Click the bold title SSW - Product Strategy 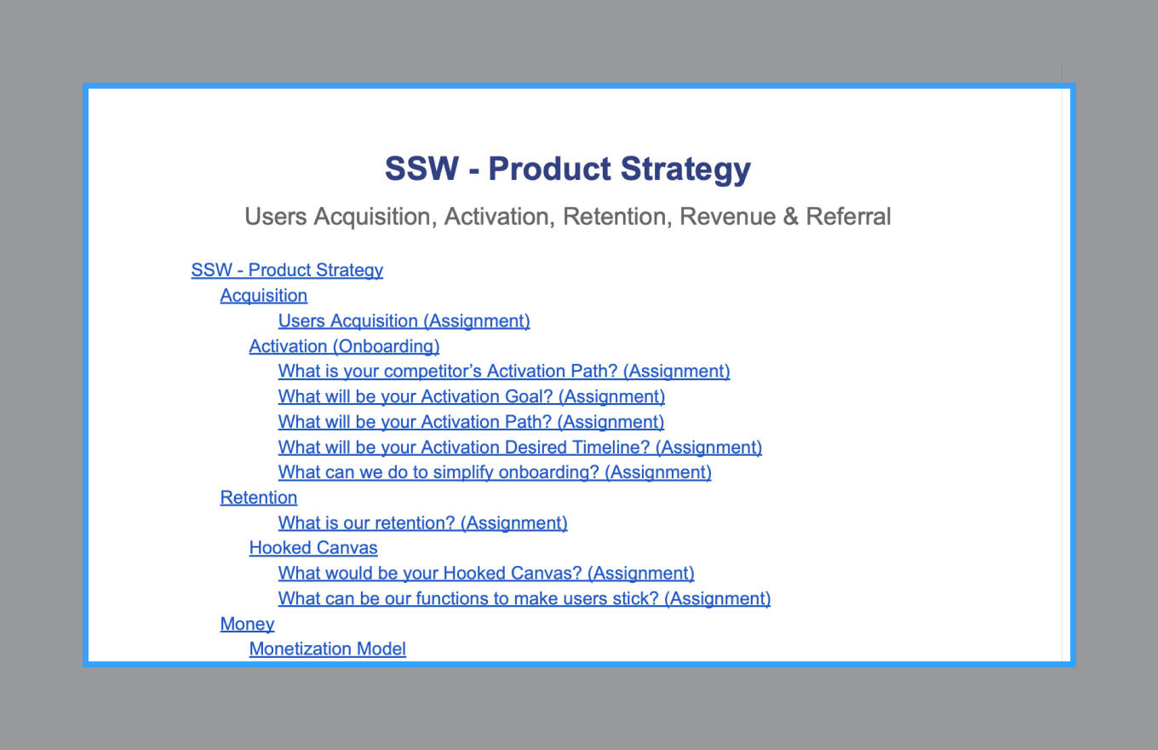pos(568,170)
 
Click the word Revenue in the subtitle pos(727,216)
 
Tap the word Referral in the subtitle pos(848,216)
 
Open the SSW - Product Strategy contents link pos(287,270)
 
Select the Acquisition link pos(264,296)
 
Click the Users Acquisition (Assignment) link pos(404,321)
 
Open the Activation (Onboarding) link pos(344,346)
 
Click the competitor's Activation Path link pos(504,371)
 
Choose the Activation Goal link pos(472,396)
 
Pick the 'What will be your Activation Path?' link pos(471,422)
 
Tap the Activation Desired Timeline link pos(520,447)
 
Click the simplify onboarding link pos(495,472)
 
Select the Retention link pos(259,498)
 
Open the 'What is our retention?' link pos(423,522)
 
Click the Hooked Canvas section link pos(313,548)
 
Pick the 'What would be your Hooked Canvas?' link pos(486,573)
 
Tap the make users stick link pos(525,598)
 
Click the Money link pos(247,624)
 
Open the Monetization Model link pos(327,649)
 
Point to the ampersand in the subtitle pos(791,216)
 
